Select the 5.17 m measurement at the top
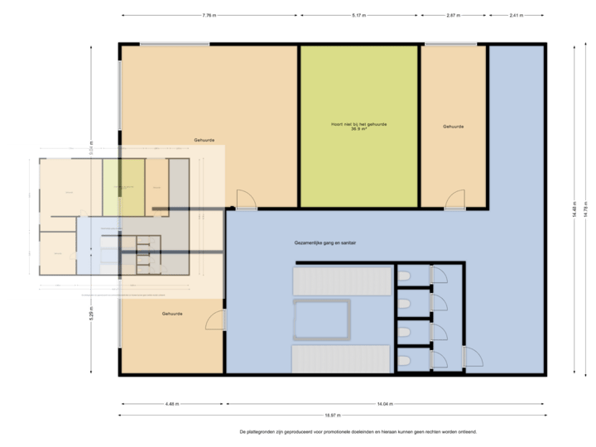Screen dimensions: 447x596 358,15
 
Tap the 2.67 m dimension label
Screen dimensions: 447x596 453,15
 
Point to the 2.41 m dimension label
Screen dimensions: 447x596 517,15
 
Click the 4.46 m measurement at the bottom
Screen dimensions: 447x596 171,404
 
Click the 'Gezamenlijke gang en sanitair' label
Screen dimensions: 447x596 330,243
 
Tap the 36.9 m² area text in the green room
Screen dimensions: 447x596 358,129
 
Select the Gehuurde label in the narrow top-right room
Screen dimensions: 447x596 453,127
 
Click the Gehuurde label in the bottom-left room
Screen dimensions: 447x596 172,315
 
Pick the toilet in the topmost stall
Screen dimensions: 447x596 405,276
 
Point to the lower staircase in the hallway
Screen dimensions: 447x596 340,359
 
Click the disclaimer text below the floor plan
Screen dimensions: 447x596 358,431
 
